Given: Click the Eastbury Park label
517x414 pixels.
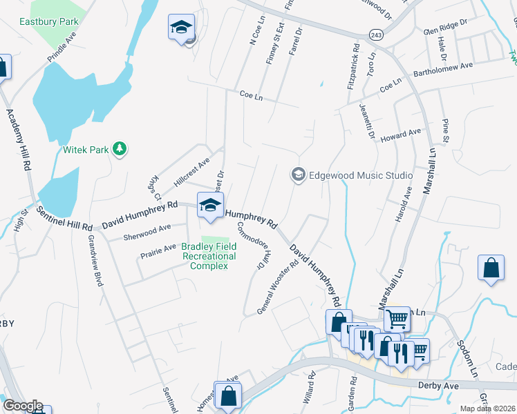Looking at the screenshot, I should click(x=49, y=21).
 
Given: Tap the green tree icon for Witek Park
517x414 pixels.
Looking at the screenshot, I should click(x=120, y=148).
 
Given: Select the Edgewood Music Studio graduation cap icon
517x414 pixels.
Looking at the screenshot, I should click(x=298, y=175).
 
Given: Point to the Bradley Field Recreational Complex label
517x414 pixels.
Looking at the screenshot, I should click(x=209, y=256).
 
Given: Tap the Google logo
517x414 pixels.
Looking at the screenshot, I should click(x=23, y=406).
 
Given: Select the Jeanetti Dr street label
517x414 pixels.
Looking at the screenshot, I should click(x=366, y=121).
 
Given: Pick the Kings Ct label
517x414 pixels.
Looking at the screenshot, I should click(x=153, y=185).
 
